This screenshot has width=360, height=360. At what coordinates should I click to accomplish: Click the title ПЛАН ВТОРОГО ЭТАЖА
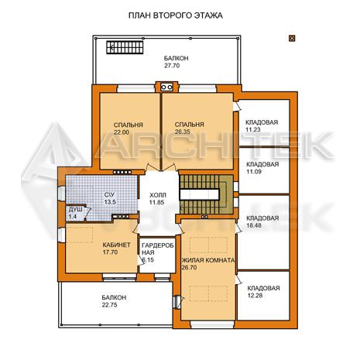click(x=176, y=15)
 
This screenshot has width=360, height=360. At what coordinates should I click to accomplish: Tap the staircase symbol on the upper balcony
click(x=125, y=47)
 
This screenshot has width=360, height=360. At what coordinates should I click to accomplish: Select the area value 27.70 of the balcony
click(x=172, y=66)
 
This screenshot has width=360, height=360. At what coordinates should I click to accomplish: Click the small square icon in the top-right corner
click(x=292, y=38)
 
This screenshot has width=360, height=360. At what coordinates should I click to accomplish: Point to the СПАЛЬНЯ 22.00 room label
click(x=129, y=129)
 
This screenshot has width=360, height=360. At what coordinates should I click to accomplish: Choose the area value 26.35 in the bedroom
click(x=183, y=132)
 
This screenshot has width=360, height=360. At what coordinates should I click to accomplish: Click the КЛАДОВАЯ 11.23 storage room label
click(x=262, y=126)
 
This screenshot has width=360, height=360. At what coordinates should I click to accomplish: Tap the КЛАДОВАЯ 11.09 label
click(x=262, y=168)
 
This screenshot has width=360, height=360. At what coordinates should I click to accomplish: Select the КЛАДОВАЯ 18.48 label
click(x=262, y=221)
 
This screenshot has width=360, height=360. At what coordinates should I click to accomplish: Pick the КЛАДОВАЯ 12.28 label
click(x=263, y=292)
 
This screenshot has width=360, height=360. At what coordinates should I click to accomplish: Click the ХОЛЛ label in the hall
click(x=158, y=195)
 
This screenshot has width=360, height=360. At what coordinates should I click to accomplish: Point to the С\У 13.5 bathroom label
click(x=110, y=198)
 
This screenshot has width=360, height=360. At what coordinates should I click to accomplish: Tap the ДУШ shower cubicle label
click(x=76, y=210)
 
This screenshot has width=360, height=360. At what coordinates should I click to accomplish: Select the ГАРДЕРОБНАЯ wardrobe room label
click(x=158, y=249)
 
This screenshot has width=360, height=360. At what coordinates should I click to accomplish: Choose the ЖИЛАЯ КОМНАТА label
click(x=208, y=260)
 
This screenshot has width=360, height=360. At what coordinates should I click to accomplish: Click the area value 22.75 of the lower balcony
click(x=109, y=305)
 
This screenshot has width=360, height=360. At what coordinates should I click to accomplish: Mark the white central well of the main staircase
click(x=199, y=194)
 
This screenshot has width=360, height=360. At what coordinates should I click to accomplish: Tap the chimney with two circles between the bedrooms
click(x=166, y=87)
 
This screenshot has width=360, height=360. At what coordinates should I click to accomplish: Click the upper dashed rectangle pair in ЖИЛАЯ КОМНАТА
click(x=208, y=245)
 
